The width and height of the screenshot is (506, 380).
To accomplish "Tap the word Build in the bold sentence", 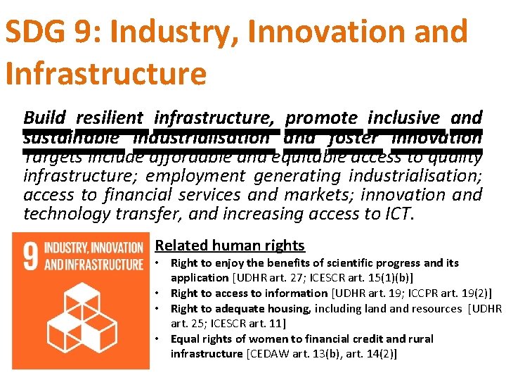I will click(x=44, y=118).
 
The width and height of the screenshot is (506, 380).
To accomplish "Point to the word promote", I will click(x=321, y=118).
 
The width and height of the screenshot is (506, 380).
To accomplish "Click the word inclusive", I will click(x=403, y=118).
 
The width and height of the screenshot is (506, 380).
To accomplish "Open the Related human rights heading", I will click(x=230, y=246).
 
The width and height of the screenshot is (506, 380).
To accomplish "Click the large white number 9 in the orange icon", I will click(x=30, y=257).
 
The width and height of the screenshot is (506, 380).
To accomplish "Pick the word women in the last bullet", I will click(x=254, y=339).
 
